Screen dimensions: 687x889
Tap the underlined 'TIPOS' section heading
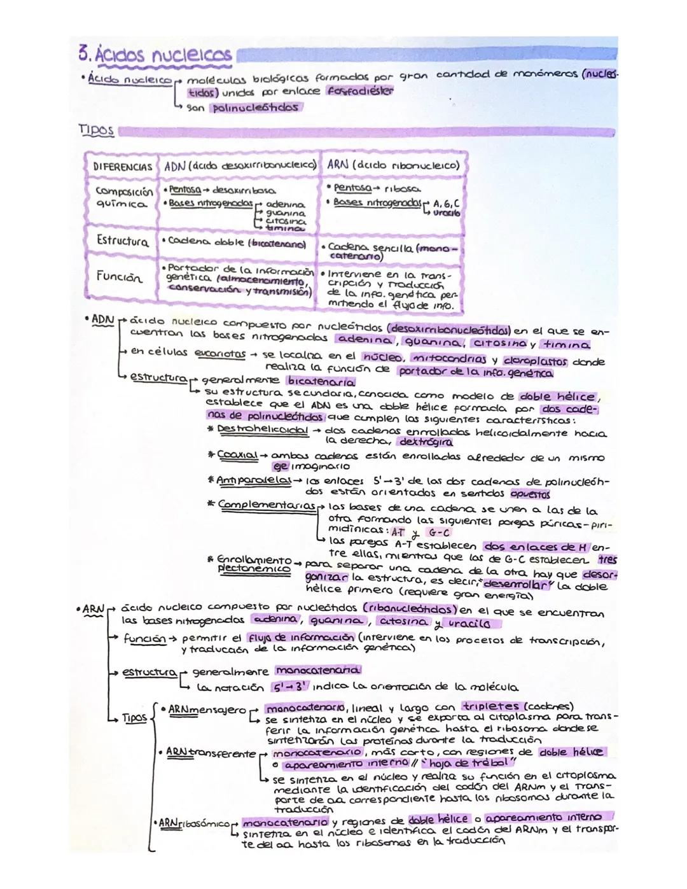pyautogui.click(x=96, y=130)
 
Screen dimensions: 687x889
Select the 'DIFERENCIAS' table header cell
pyautogui.click(x=123, y=167)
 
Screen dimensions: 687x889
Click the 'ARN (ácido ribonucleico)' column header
pyautogui.click(x=392, y=165)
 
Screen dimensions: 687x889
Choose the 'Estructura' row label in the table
pyautogui.click(x=122, y=241)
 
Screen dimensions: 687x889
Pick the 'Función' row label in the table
pyautogui.click(x=120, y=277)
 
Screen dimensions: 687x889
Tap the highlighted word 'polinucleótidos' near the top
pyautogui.click(x=253, y=108)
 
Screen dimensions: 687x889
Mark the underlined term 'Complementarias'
pyautogui.click(x=267, y=505)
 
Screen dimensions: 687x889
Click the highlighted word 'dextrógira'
pyautogui.click(x=426, y=441)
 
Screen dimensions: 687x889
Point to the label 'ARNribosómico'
pyautogui.click(x=193, y=823)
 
